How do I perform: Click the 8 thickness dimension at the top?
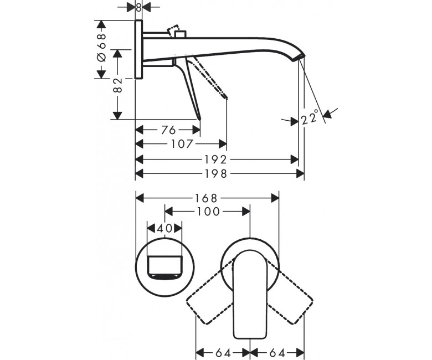tap(138, 8)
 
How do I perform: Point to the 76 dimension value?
tap(168, 130)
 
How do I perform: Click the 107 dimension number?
tap(181, 144)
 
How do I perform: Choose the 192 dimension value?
tap(216, 160)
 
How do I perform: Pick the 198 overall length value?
tap(216, 174)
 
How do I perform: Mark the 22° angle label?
tap(310, 117)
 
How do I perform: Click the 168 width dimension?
tap(207, 198)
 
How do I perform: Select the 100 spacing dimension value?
tap(208, 212)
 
